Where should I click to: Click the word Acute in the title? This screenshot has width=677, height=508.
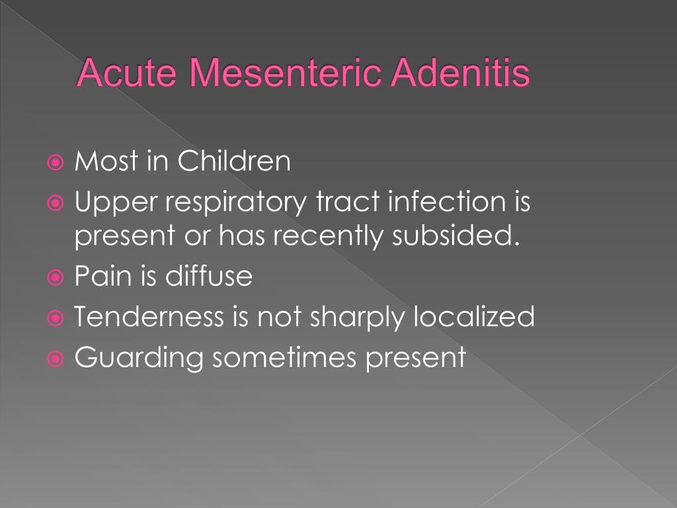[128, 72]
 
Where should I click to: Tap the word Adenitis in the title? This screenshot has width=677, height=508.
[461, 72]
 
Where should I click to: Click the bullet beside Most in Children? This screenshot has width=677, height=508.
[56, 163]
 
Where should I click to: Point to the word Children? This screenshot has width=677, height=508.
[234, 161]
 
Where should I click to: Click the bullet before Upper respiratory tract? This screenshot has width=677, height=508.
[56, 203]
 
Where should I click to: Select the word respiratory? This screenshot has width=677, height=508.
[236, 202]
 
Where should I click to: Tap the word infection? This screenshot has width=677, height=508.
[447, 201]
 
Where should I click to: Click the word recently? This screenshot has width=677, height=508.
[328, 236]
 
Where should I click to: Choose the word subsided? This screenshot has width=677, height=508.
[456, 235]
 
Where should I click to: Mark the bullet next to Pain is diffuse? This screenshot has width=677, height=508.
[56, 277]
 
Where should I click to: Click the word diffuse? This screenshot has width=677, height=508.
[209, 275]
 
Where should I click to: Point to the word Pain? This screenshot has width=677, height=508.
[103, 275]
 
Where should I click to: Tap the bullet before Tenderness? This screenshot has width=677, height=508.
[56, 318]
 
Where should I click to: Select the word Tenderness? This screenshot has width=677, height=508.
[149, 316]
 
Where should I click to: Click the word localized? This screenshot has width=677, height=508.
[474, 316]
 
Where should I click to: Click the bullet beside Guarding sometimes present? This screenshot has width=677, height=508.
[56, 359]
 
